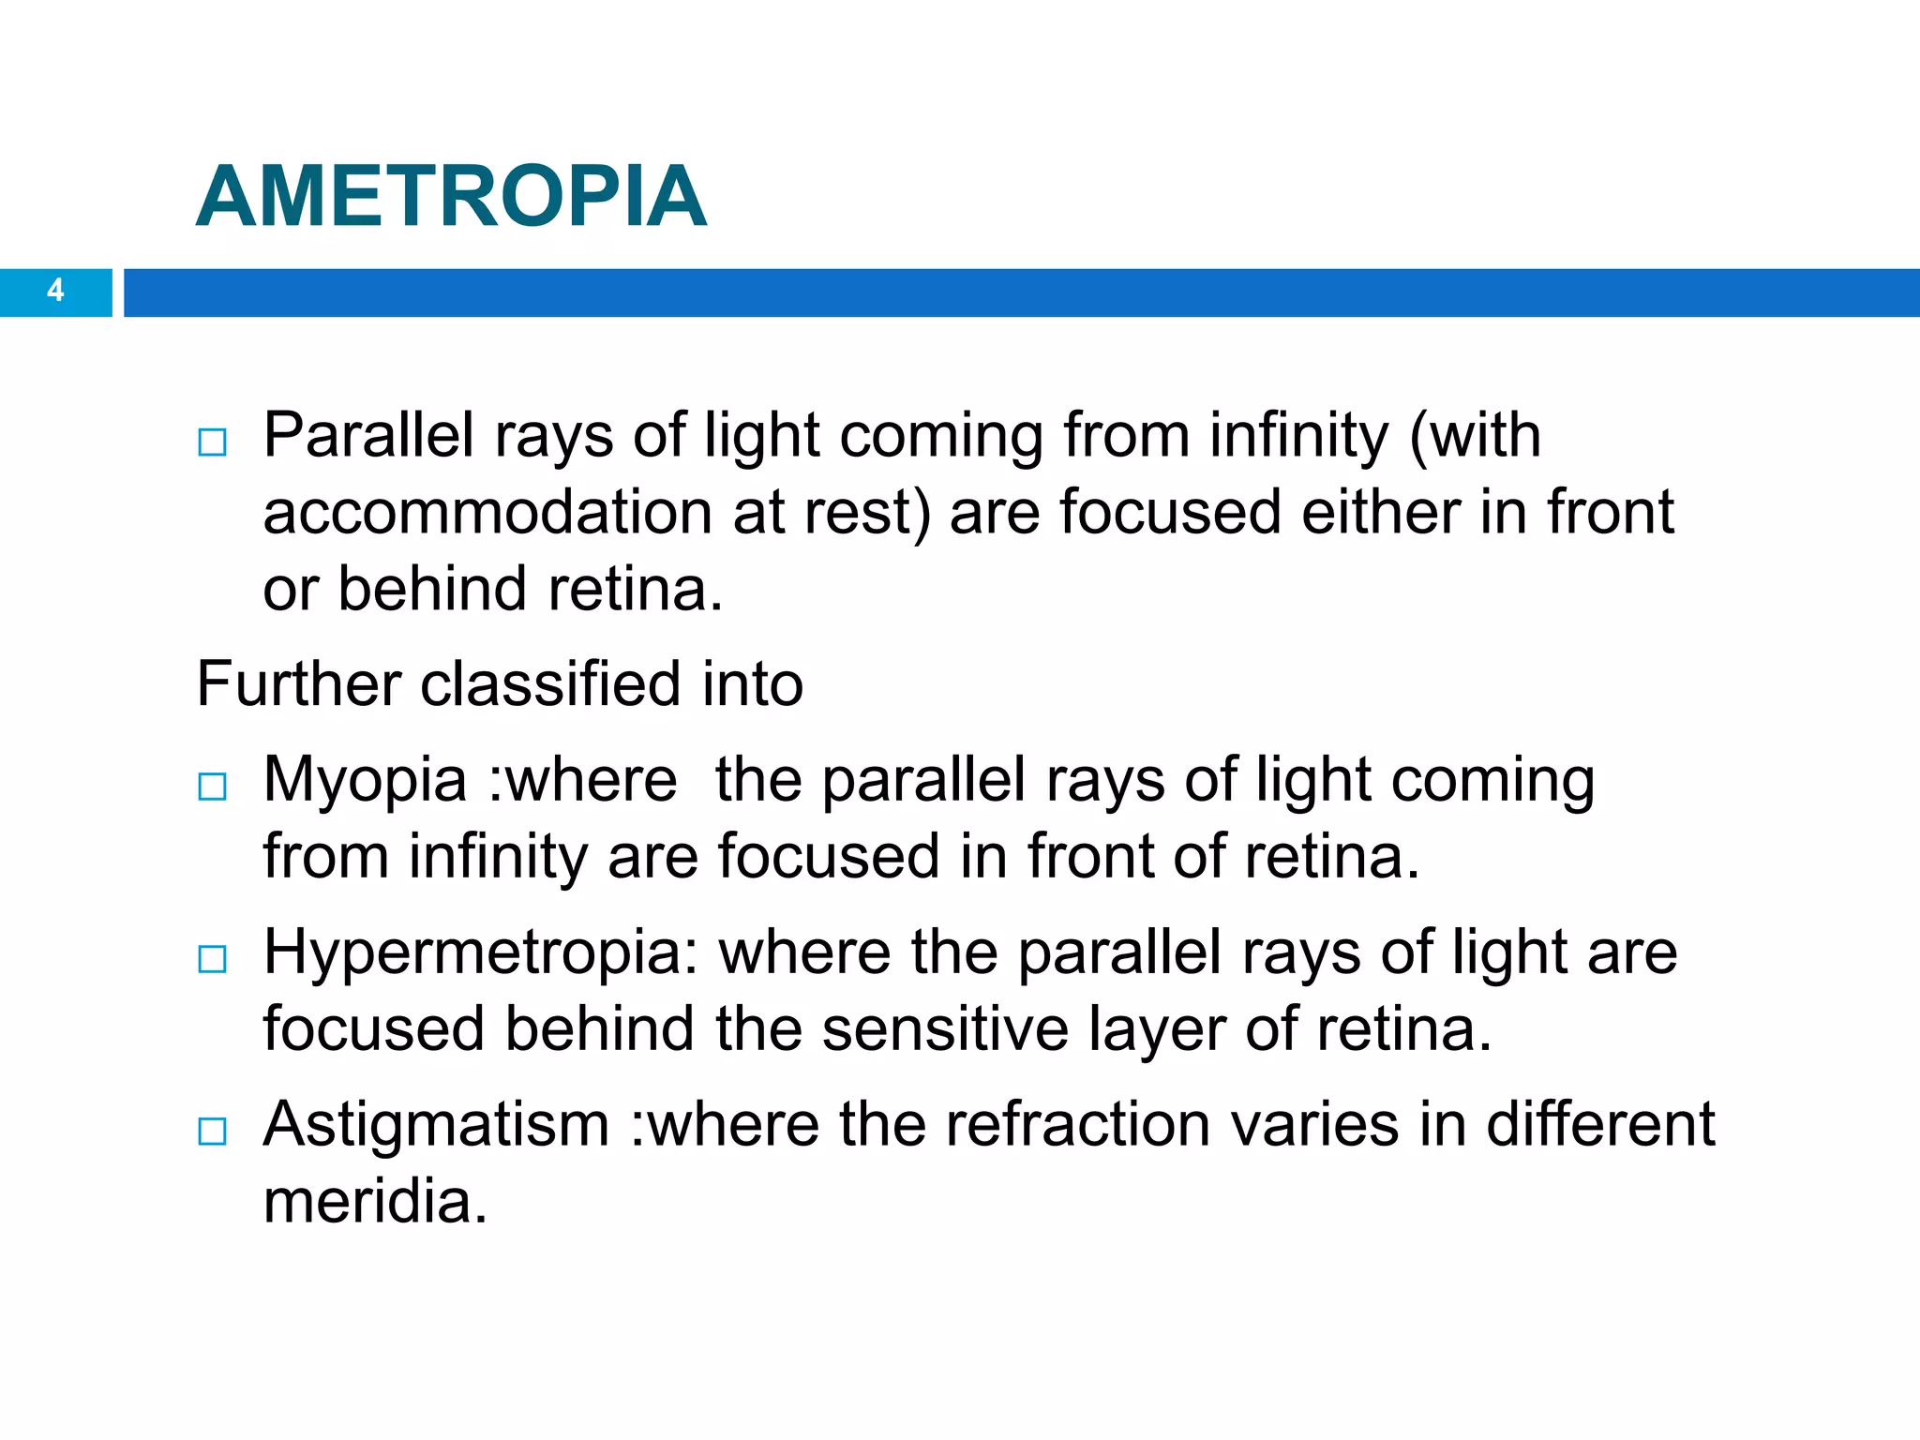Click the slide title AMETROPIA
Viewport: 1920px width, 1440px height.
451,197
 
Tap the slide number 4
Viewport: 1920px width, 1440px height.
55,291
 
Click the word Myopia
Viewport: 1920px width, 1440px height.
365,781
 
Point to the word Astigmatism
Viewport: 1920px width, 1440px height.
436,1124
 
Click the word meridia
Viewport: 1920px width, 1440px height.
374,1202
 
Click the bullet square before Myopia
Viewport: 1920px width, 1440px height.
213,786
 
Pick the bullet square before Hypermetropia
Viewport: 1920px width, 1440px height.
213,959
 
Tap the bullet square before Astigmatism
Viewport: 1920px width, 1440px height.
213,1131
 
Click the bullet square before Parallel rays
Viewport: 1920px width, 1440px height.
213,442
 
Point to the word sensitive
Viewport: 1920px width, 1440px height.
945,1029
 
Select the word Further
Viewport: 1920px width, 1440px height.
299,683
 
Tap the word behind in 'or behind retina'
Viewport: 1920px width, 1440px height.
432,590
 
